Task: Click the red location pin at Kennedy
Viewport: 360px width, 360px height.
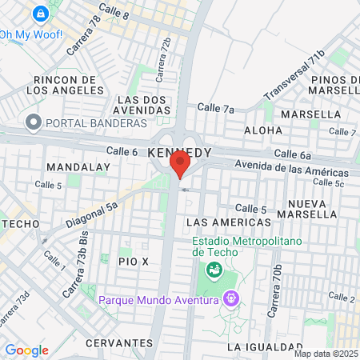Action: (x=179, y=164)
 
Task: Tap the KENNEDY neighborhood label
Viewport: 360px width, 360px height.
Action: (x=181, y=151)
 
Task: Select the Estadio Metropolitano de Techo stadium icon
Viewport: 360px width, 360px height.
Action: (x=214, y=270)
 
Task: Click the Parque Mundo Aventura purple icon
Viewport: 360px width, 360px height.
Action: (x=231, y=299)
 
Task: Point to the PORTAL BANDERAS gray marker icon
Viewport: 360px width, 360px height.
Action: (x=33, y=122)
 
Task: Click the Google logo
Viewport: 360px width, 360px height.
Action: (x=26, y=350)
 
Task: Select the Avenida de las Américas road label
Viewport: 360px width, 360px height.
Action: (x=291, y=169)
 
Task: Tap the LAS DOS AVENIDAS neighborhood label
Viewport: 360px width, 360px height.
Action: (x=142, y=104)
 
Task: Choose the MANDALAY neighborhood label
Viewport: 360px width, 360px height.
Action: (x=78, y=166)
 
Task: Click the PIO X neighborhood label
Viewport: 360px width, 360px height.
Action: (x=134, y=262)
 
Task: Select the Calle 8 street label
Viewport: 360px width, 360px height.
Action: (x=114, y=10)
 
